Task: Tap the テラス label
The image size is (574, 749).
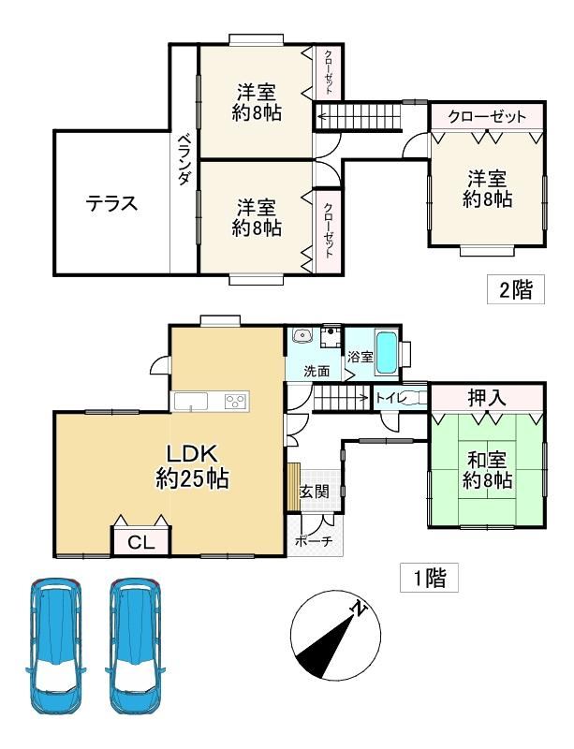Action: point(111,203)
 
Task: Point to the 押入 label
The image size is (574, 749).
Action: point(487,397)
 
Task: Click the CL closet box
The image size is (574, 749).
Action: point(141,540)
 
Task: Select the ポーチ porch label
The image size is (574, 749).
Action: point(312,540)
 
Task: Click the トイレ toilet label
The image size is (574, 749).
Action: point(390,397)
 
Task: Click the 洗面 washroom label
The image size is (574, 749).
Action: point(316,371)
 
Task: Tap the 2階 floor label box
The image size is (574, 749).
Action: point(514,289)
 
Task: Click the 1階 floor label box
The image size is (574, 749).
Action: point(429,578)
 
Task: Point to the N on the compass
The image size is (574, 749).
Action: point(358,609)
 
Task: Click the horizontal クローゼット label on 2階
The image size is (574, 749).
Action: point(486,117)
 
